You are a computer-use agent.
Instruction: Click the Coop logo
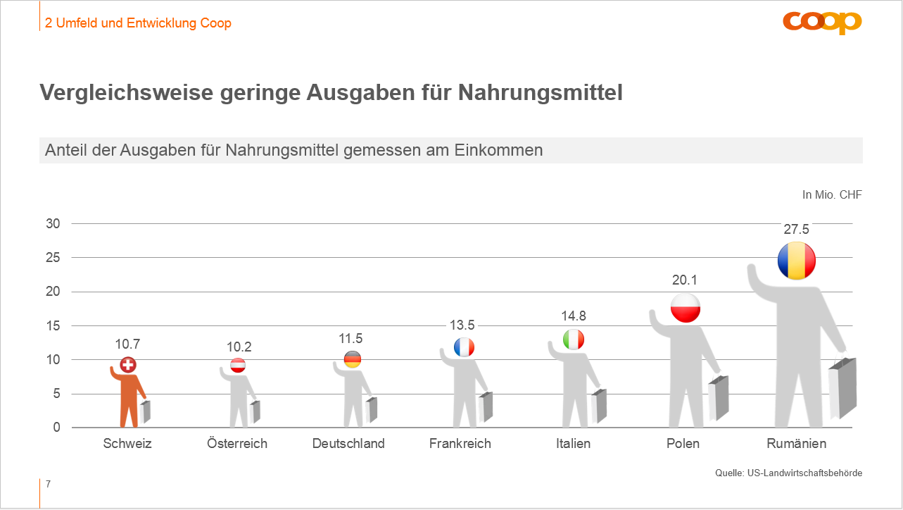(822, 23)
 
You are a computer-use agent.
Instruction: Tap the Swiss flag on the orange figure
(127, 365)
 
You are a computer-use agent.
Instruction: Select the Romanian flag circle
(796, 261)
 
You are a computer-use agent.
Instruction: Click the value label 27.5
(796, 230)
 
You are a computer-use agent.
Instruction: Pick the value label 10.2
(239, 347)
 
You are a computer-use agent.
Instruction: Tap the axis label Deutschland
(348, 444)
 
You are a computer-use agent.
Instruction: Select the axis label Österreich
(237, 444)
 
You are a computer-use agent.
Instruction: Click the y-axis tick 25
(54, 258)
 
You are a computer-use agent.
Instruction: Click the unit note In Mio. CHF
(832, 194)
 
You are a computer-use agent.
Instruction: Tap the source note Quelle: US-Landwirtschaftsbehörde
(788, 473)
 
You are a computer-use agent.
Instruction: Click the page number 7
(48, 485)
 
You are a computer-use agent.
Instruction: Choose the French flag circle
(464, 347)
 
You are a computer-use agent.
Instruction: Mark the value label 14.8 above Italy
(574, 316)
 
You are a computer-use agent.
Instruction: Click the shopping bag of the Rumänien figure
(842, 389)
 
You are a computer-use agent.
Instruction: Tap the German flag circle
(353, 359)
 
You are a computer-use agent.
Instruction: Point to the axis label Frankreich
(460, 444)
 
